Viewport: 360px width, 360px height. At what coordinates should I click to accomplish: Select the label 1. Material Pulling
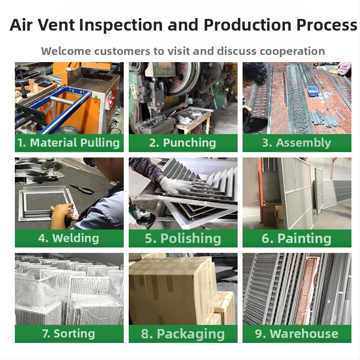pyautogui.click(x=69, y=143)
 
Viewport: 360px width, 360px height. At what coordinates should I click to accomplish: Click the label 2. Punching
pyautogui.click(x=183, y=143)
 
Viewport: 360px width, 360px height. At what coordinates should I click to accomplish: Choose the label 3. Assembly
pyautogui.click(x=297, y=143)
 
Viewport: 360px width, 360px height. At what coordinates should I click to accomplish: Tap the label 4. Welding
pyautogui.click(x=69, y=238)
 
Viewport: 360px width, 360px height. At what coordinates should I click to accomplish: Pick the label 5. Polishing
pyautogui.click(x=183, y=238)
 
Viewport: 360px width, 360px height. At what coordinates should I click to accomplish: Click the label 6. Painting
pyautogui.click(x=297, y=238)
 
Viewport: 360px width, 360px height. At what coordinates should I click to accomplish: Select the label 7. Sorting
pyautogui.click(x=69, y=334)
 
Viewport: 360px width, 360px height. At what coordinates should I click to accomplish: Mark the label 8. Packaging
pyautogui.click(x=183, y=334)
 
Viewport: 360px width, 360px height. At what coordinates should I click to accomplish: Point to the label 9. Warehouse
pyautogui.click(x=297, y=334)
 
